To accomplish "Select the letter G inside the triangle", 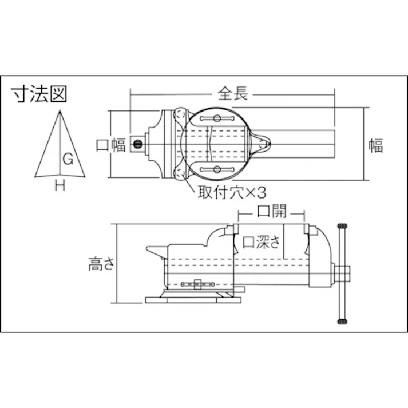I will click(67, 160).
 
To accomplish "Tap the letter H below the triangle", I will click(59, 184).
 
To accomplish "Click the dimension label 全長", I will click(233, 94).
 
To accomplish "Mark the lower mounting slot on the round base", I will click(217, 169).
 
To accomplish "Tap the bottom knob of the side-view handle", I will click(343, 321).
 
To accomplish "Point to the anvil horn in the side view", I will click(155, 250).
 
